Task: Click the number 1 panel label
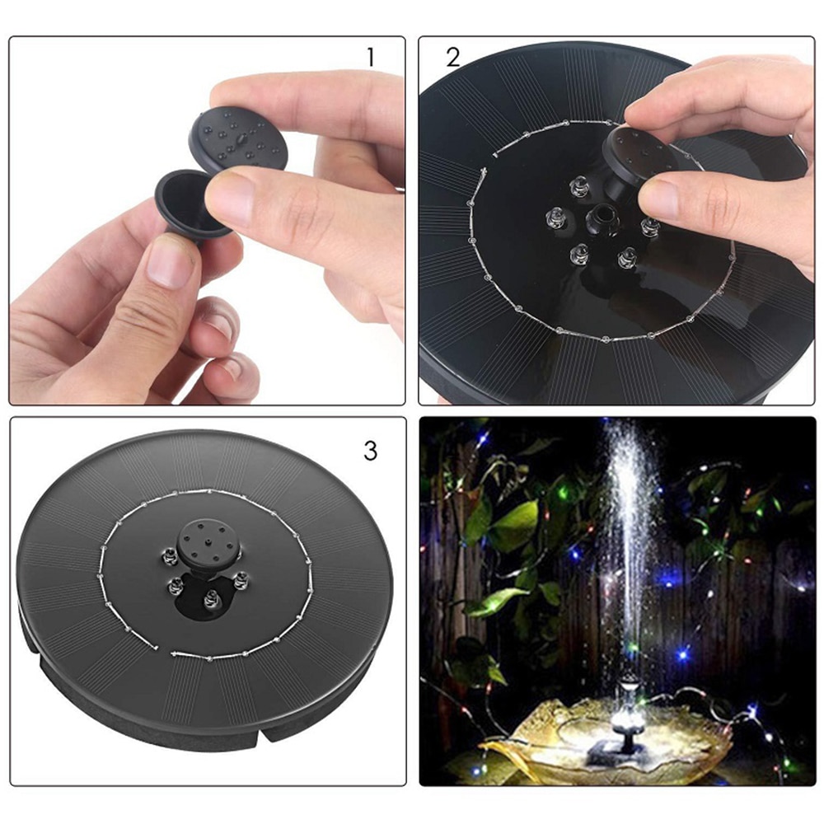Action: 370,57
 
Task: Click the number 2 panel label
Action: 453,57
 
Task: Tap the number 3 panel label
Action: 370,451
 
